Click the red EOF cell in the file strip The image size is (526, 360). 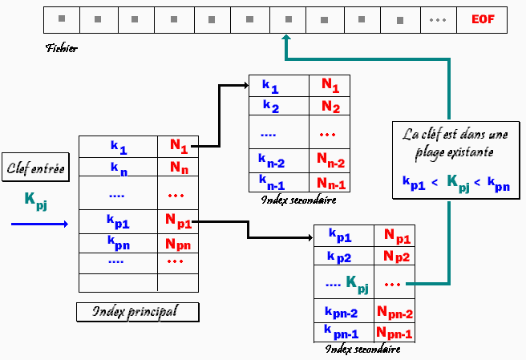(482, 18)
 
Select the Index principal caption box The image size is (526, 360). (136, 311)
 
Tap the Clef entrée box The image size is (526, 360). (35, 168)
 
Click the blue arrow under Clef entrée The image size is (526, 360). (40, 224)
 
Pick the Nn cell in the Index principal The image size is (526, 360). (178, 168)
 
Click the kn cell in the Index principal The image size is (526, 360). (119, 168)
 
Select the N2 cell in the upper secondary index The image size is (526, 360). (330, 106)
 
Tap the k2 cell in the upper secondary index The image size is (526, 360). (270, 106)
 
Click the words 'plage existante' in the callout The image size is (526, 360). (455, 151)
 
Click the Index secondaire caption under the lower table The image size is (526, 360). (362, 350)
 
